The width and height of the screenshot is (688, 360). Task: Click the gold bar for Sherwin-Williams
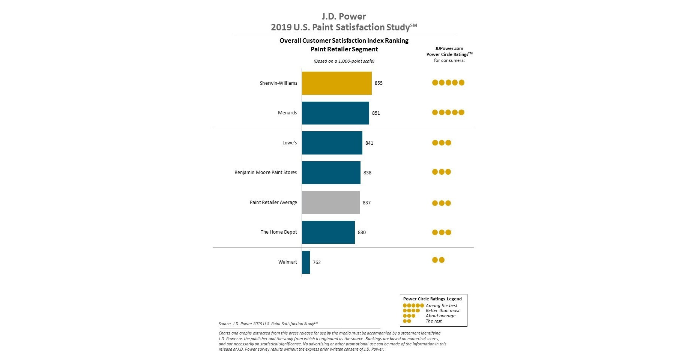click(336, 83)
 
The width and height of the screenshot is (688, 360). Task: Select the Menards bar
click(335, 113)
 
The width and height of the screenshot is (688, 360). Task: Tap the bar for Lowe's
click(332, 143)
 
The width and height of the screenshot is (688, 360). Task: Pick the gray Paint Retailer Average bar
click(330, 202)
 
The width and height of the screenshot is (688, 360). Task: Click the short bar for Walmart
click(306, 262)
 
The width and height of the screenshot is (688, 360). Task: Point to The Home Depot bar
click(328, 232)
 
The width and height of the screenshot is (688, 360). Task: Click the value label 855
click(379, 83)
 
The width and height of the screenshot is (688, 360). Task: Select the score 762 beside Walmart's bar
click(317, 262)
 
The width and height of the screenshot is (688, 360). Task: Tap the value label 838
click(367, 173)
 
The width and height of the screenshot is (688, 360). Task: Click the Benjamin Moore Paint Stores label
click(266, 172)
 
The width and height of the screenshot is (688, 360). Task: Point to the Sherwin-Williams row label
click(278, 83)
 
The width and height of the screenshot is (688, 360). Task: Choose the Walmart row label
click(287, 262)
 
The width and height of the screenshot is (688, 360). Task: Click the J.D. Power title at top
click(344, 16)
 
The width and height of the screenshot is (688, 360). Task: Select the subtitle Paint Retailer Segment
click(344, 49)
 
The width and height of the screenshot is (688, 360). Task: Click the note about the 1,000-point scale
click(344, 61)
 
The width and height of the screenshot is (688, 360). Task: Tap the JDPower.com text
click(449, 48)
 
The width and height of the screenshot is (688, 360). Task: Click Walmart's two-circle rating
click(438, 260)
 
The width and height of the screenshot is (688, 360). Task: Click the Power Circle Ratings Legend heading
click(432, 299)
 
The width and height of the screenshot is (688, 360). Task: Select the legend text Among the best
click(442, 306)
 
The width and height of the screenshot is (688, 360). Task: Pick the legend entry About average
click(440, 316)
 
